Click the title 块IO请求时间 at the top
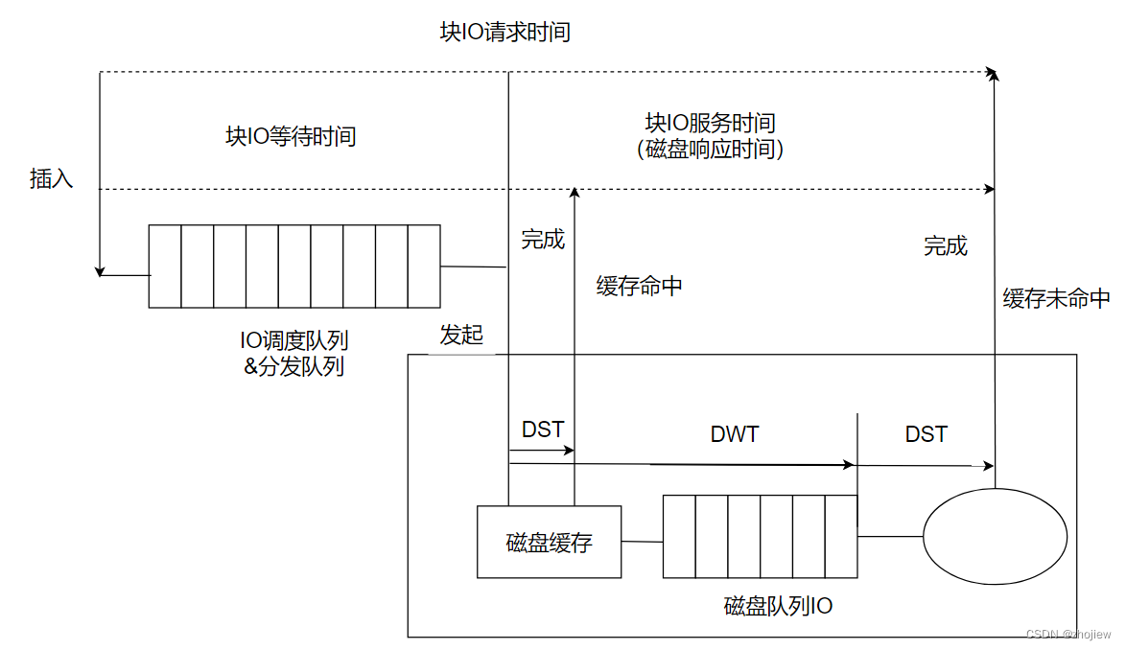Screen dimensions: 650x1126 pos(504,33)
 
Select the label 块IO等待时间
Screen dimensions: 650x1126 pos(291,136)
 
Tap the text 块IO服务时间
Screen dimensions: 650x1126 pos(710,124)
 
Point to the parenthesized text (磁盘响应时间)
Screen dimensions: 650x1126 pos(710,150)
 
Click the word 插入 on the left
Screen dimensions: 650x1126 pos(52,178)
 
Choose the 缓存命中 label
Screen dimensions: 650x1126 pos(639,287)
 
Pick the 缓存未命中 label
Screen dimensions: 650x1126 pos(1056,298)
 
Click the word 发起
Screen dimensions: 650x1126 pos(461,336)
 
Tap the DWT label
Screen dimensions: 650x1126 pos(735,434)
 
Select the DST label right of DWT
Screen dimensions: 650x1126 pos(926,434)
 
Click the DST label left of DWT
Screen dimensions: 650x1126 pos(542,429)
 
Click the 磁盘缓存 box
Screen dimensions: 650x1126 pos(549,542)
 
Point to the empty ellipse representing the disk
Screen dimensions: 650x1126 pos(995,537)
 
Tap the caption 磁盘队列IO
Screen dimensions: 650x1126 pos(778,606)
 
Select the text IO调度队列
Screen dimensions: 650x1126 pos(293,340)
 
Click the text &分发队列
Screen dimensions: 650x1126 pos(293,366)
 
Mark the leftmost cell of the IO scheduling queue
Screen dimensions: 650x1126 pos(165,267)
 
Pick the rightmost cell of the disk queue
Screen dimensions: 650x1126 pos(841,537)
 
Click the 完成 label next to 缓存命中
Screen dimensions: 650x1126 pos(543,240)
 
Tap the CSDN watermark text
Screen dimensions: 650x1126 pos(1067,635)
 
